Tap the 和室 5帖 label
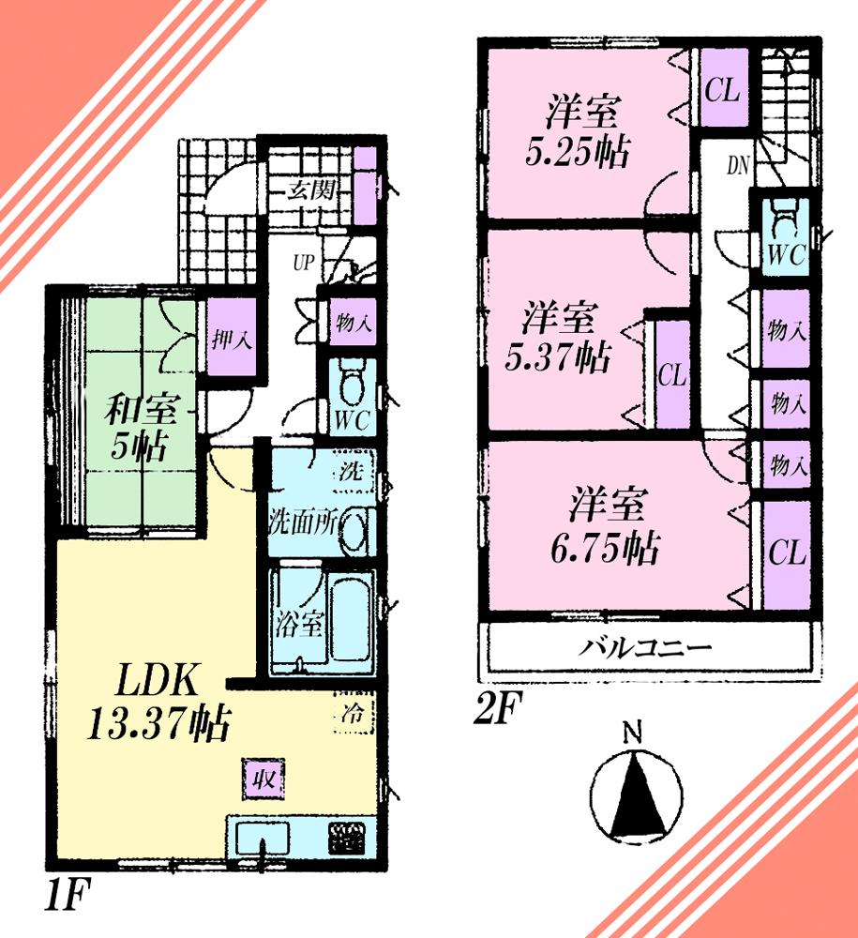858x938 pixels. click(x=138, y=427)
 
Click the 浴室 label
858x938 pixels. click(x=299, y=623)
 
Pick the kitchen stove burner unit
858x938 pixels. click(x=349, y=837)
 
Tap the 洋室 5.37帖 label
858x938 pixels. click(x=559, y=337)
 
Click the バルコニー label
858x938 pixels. click(x=645, y=647)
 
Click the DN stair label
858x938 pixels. click(x=738, y=167)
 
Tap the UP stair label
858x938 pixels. click(x=302, y=263)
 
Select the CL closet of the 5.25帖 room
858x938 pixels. click(x=723, y=90)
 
